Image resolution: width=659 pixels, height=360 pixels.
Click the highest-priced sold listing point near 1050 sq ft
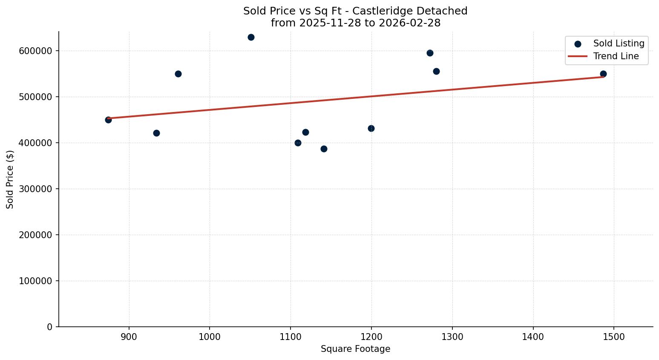251,37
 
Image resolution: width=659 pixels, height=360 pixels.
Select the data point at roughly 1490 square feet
603,74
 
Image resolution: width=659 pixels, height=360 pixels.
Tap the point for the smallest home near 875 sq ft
108,120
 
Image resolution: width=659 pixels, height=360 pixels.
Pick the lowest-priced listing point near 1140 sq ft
324,149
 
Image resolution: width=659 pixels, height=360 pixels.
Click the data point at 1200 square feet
371,128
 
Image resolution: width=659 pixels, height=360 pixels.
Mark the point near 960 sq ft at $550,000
178,74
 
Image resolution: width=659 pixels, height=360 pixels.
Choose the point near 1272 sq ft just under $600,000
430,53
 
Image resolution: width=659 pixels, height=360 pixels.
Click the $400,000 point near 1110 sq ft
298,143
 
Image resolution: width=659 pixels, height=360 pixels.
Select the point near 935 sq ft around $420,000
156,133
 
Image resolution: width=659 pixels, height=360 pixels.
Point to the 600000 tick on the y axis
36,51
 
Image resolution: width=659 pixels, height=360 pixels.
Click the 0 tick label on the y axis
50,327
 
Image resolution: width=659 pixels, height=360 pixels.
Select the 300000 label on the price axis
36,189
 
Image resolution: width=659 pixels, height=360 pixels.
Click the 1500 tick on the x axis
614,337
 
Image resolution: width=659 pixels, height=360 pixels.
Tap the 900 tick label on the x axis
129,337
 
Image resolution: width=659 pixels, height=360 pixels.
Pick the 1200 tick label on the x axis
371,337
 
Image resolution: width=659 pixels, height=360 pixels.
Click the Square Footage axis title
355,349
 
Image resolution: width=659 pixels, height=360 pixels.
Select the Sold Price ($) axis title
10,179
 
